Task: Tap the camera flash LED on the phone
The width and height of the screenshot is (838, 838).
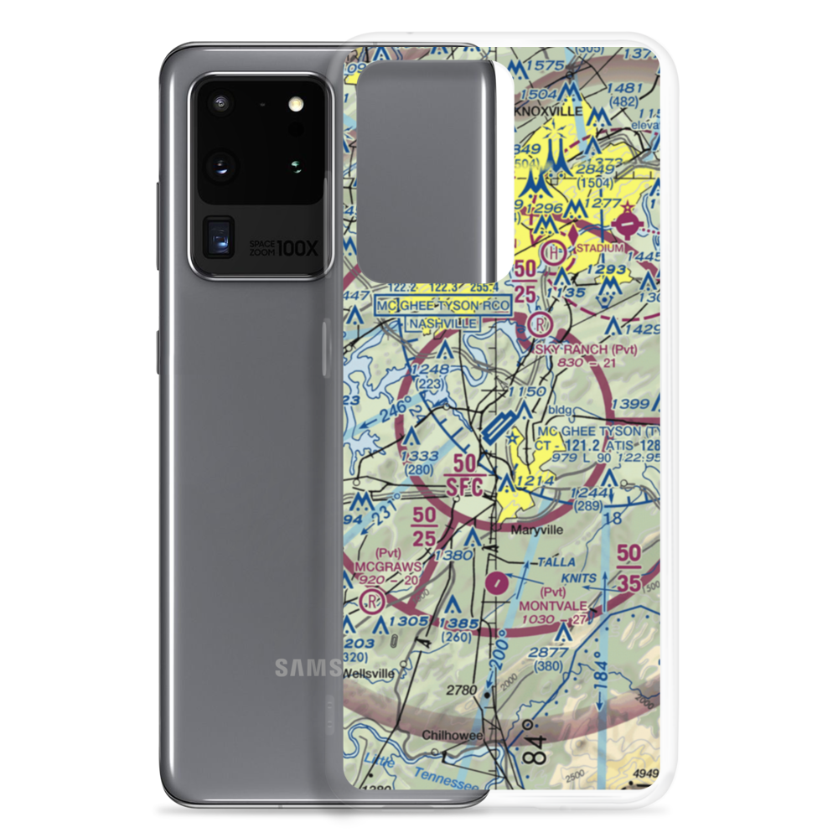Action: click(294, 105)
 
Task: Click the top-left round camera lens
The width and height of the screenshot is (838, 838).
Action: click(220, 104)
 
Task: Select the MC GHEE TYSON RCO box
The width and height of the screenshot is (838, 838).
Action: click(442, 306)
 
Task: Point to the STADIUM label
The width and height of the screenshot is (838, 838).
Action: click(598, 248)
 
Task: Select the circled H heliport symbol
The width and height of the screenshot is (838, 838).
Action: click(555, 251)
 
